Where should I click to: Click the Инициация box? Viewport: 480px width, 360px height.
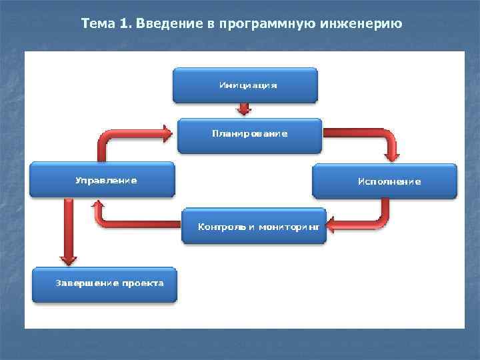pyautogui.click(x=245, y=85)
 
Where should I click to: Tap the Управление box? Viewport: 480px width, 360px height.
pyautogui.click(x=102, y=179)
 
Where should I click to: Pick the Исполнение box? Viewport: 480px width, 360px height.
pyautogui.click(x=385, y=181)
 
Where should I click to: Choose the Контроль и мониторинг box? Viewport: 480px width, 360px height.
pyautogui.click(x=254, y=226)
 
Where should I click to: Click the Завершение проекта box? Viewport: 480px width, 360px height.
pyautogui.click(x=105, y=284)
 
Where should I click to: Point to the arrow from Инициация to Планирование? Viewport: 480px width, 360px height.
pyautogui.click(x=245, y=109)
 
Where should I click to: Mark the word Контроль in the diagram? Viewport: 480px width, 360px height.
pyautogui.click(x=218, y=227)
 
